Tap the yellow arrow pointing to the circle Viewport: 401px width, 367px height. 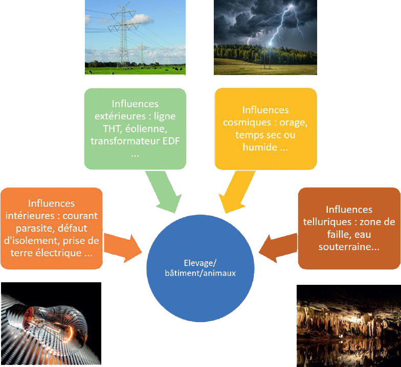click(238, 191)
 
